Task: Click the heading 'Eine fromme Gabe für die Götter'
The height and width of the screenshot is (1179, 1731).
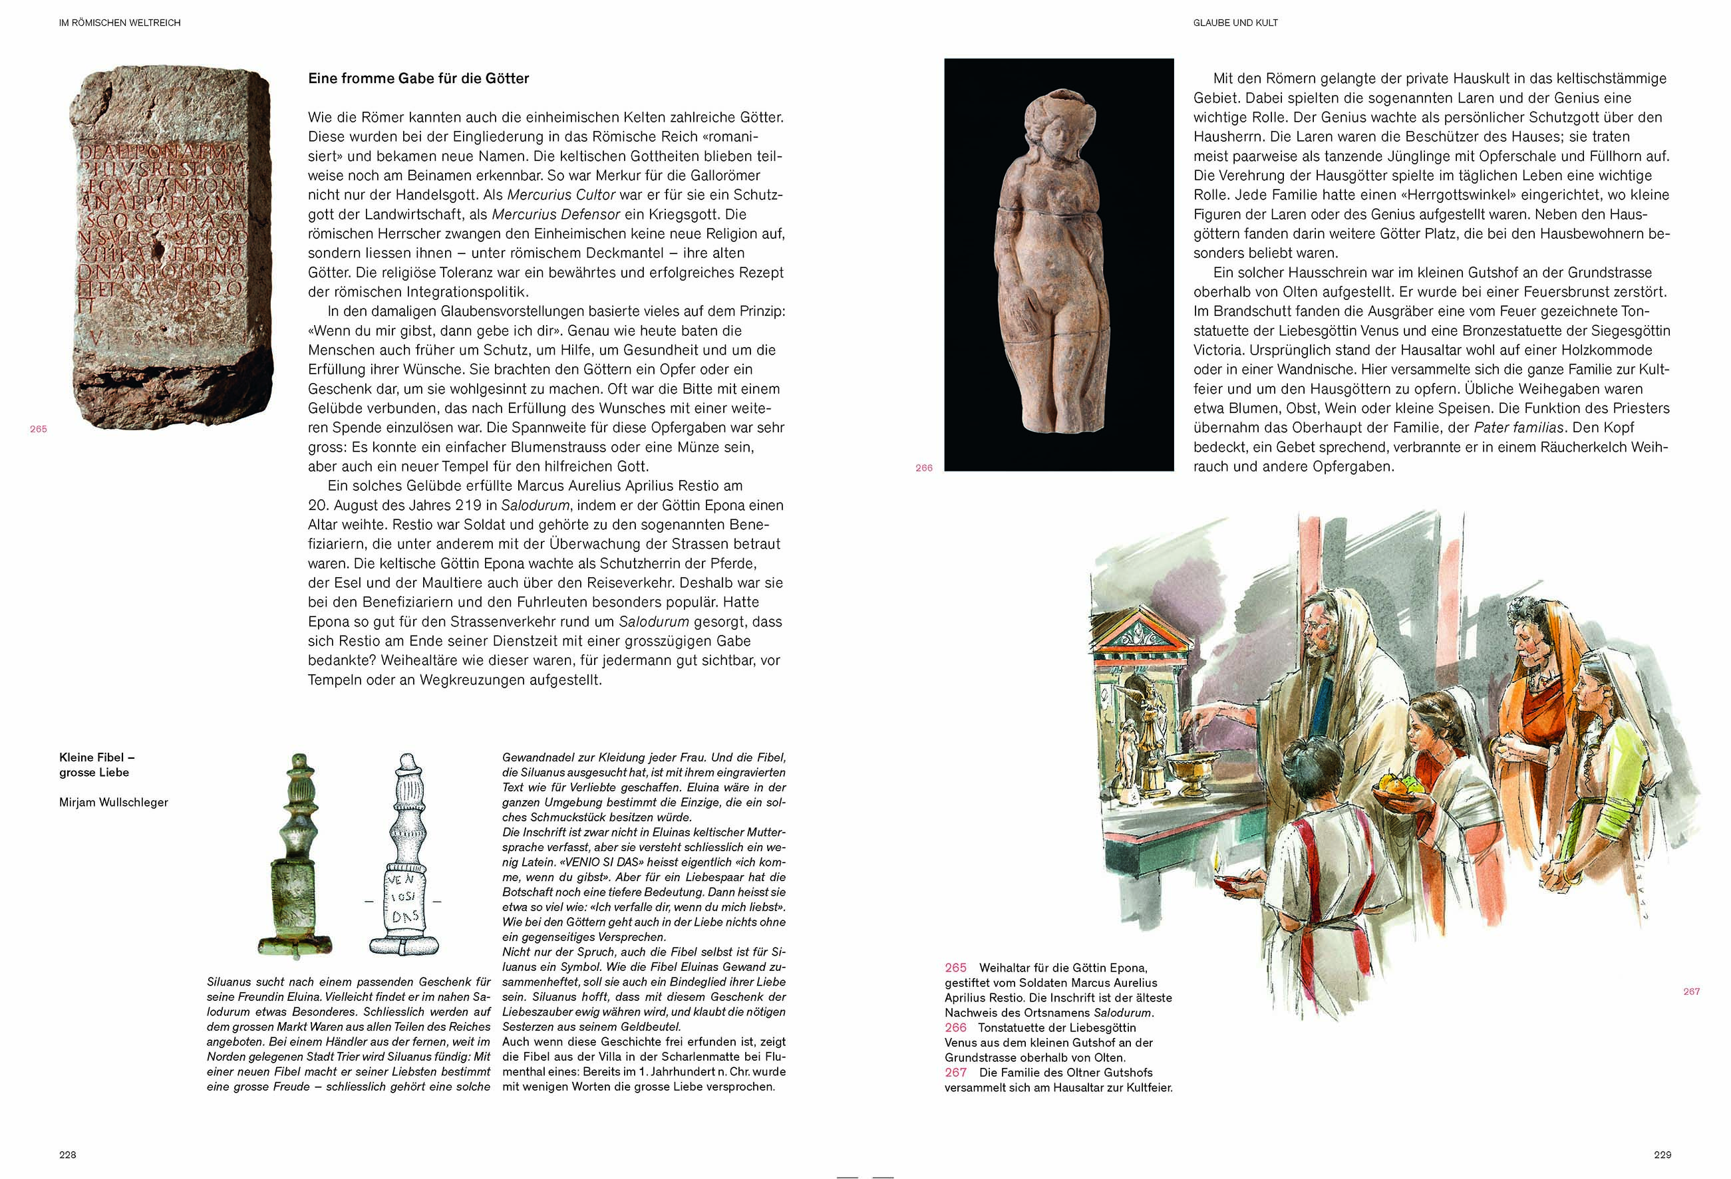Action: click(418, 79)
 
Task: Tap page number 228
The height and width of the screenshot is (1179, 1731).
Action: click(68, 1154)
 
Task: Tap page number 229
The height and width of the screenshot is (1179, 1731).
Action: click(1662, 1154)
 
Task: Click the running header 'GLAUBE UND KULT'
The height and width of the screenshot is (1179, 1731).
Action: click(1235, 23)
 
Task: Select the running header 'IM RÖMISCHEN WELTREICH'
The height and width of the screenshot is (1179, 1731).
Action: click(119, 23)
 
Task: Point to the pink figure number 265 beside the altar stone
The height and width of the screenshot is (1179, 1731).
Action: click(38, 429)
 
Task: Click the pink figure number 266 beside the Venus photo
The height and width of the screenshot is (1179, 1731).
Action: click(923, 467)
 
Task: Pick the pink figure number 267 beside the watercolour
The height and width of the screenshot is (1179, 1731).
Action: click(1691, 991)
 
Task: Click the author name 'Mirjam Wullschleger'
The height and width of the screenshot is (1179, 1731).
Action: click(113, 803)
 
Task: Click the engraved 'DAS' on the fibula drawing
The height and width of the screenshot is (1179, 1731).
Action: click(404, 916)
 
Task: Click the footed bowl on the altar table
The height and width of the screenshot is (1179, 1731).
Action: click(1188, 769)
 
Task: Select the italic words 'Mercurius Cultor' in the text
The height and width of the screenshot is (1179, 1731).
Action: click(561, 195)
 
